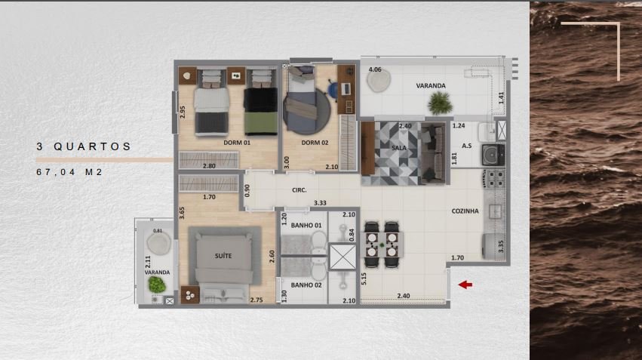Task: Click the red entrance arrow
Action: click(x=465, y=285)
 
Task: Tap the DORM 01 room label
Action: click(x=237, y=143)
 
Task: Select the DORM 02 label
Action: click(x=315, y=143)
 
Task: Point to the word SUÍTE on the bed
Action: click(x=223, y=256)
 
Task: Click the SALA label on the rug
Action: click(x=399, y=148)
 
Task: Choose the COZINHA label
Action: click(x=465, y=211)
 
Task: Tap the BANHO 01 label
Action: click(x=306, y=225)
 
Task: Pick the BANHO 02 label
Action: click(x=306, y=285)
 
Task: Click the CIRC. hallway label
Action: click(x=299, y=190)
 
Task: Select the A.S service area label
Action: click(x=467, y=146)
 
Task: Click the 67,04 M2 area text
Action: click(x=69, y=172)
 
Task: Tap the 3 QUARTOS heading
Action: click(x=84, y=146)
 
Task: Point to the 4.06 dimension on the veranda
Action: click(x=375, y=69)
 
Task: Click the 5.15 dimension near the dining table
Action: click(x=364, y=279)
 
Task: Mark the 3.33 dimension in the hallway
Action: click(x=320, y=203)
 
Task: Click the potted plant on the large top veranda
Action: click(x=440, y=103)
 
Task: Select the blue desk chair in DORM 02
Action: click(x=333, y=89)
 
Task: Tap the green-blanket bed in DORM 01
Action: click(x=261, y=103)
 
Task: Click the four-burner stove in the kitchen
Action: click(x=494, y=179)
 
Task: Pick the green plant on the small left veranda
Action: click(x=157, y=285)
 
